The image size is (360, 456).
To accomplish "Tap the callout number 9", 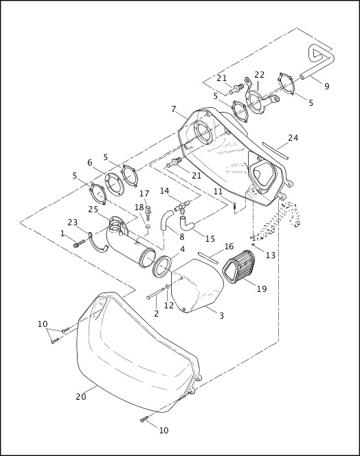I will click(x=326, y=87).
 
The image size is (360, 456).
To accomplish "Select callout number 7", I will click(x=175, y=109).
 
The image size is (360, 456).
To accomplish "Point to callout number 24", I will click(x=293, y=138).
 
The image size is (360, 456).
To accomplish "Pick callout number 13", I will click(x=270, y=255).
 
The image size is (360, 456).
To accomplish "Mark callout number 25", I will click(x=93, y=209).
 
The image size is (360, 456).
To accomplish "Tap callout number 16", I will click(x=229, y=247).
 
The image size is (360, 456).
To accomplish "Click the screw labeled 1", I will click(x=77, y=242).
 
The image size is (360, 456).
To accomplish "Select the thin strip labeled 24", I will click(x=275, y=153).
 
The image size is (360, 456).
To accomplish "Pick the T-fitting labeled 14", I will click(x=181, y=204).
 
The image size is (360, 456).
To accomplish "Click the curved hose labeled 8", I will click(x=165, y=221).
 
